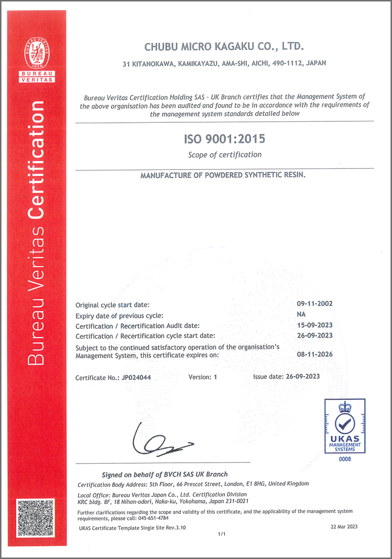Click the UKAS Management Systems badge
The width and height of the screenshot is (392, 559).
(x=345, y=426)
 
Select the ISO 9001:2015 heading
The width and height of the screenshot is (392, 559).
(x=225, y=140)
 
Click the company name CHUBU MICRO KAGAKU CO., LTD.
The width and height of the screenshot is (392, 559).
(x=224, y=46)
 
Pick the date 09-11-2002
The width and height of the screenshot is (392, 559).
(x=315, y=304)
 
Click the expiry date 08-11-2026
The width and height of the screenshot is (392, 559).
(x=315, y=354)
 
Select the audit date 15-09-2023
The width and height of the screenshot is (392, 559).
(x=315, y=325)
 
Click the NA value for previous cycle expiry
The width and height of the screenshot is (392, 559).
(x=315, y=314)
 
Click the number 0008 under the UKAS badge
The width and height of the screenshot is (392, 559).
(x=345, y=459)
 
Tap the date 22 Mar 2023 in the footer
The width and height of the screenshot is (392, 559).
(x=344, y=526)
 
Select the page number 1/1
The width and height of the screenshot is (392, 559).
(x=222, y=534)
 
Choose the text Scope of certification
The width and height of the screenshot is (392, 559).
(x=225, y=155)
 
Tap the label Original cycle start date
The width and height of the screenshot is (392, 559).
(x=112, y=305)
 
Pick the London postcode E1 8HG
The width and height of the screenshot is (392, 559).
(x=255, y=483)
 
